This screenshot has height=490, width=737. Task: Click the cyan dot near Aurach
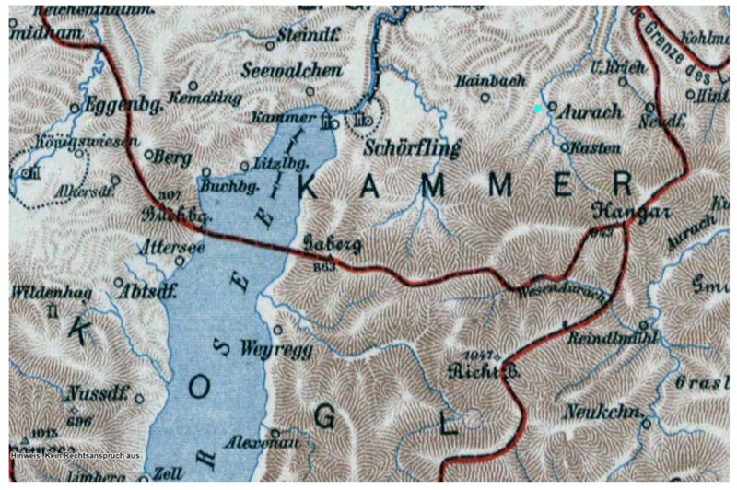[x=538, y=109]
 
